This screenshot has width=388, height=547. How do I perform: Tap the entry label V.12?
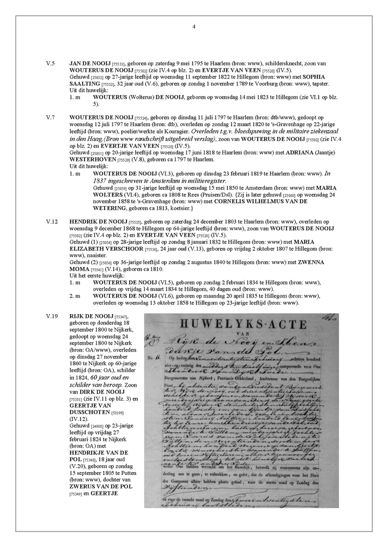click(x=52, y=221)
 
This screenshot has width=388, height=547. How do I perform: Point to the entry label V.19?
click(x=52, y=317)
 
